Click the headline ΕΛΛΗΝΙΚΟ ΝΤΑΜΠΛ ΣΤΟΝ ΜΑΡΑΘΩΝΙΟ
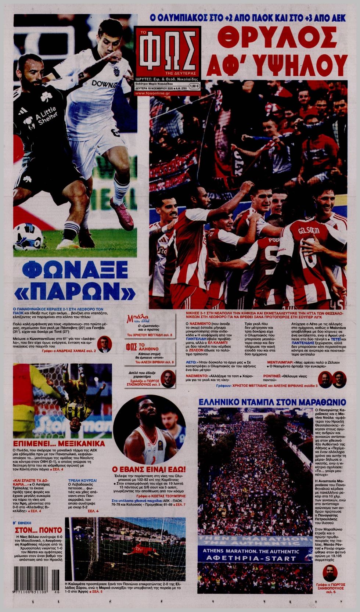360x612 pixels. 272,402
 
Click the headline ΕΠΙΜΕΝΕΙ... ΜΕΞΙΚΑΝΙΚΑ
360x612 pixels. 59,443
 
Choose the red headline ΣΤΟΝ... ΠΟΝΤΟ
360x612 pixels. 38,530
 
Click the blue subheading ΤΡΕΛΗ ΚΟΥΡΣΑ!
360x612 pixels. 83,480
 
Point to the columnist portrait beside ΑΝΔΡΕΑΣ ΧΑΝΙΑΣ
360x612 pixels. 104,344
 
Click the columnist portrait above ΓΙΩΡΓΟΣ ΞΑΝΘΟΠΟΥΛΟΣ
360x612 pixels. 330,574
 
